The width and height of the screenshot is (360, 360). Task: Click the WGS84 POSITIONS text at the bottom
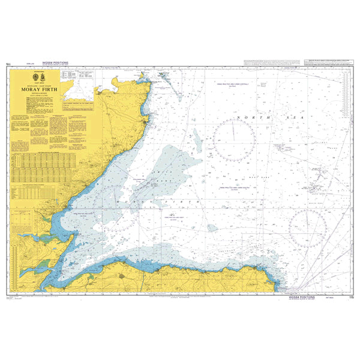[296, 296]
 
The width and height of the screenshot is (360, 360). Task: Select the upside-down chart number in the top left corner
[8, 63]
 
